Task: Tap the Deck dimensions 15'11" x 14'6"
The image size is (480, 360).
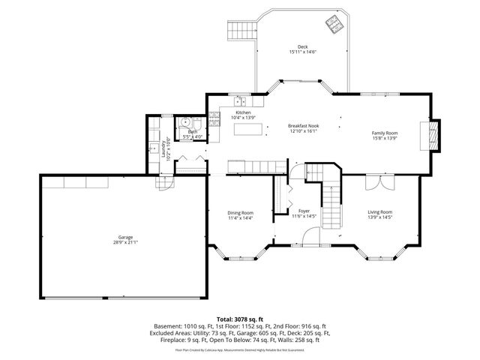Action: click(x=302, y=52)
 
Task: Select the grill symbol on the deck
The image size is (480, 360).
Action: click(x=331, y=24)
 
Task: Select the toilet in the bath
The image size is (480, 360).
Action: click(x=182, y=123)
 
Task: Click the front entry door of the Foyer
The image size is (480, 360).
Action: click(x=304, y=246)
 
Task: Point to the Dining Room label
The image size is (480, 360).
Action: click(x=241, y=212)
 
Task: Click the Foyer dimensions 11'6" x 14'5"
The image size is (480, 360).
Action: click(x=304, y=217)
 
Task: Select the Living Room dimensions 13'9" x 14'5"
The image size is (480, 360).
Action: click(x=381, y=217)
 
